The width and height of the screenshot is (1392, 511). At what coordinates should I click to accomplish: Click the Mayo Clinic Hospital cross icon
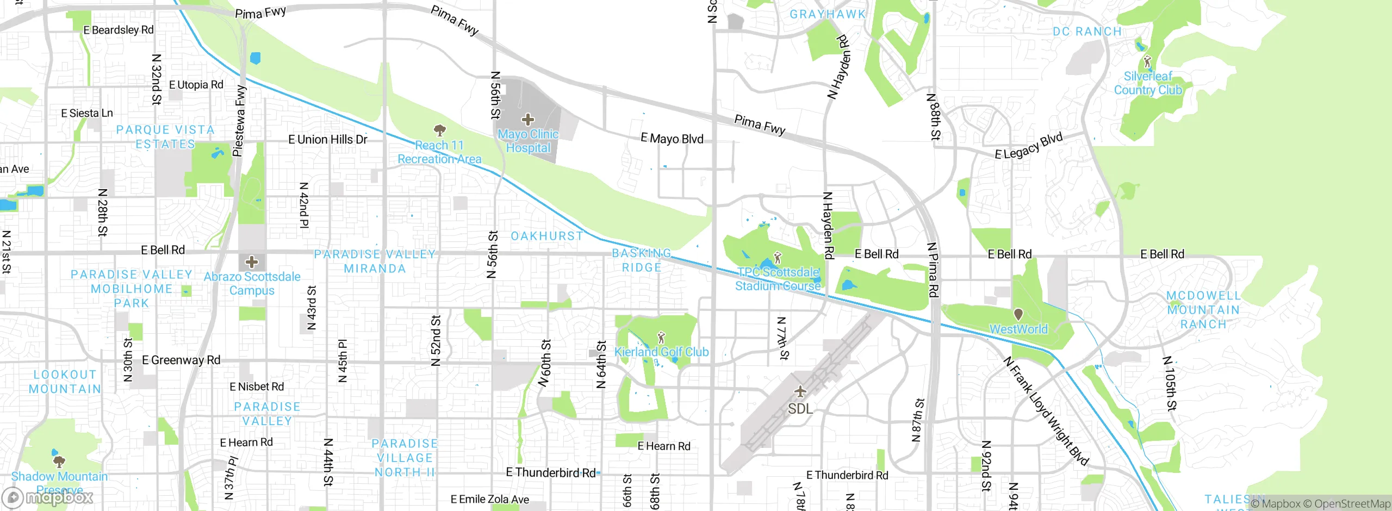(527, 120)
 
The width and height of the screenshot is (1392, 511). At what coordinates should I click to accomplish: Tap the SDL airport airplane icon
(800, 391)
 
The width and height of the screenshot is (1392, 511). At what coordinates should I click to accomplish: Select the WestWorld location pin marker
(1018, 314)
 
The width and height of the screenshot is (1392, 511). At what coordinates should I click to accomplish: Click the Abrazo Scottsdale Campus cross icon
(251, 262)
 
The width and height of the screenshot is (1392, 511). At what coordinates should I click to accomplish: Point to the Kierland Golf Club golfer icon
(661, 338)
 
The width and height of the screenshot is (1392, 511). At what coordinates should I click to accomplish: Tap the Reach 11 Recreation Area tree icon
(439, 130)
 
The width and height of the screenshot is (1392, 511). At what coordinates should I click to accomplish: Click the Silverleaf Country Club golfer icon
(1147, 61)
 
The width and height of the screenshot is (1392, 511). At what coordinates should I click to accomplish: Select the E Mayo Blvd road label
(672, 139)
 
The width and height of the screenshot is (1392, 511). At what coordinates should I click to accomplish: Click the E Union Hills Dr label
(328, 140)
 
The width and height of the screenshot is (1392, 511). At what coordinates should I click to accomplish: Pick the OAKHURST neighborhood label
(546, 236)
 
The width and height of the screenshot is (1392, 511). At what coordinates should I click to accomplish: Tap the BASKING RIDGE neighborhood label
(642, 260)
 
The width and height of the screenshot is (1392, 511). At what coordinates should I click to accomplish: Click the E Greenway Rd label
(181, 360)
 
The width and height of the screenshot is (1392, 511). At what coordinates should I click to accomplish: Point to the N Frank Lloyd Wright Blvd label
(1046, 411)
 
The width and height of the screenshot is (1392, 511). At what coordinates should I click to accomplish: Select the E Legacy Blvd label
(1028, 146)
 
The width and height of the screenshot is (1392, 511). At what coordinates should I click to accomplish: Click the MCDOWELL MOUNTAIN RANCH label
(1203, 310)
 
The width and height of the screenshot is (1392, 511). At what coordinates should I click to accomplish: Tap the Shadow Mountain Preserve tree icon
(59, 462)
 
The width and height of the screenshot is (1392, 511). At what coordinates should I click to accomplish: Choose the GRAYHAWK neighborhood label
(827, 15)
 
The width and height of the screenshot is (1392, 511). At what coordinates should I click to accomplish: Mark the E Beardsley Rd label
(119, 30)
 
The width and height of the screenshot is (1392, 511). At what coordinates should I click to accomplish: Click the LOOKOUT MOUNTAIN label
(65, 382)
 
